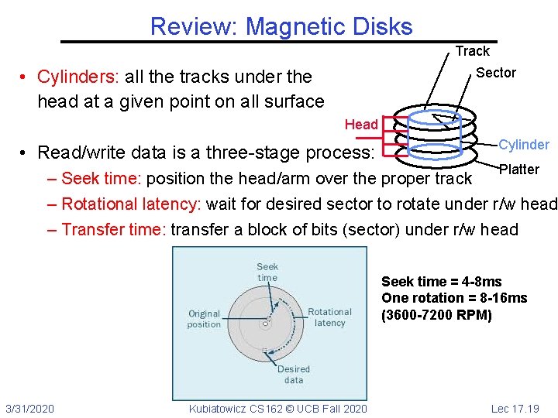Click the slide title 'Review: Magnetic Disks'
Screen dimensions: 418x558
point(281,26)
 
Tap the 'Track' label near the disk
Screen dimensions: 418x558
point(472,51)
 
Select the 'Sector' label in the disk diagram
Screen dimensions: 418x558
point(495,73)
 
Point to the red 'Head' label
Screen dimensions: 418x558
point(361,125)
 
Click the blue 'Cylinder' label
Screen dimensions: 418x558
point(524,145)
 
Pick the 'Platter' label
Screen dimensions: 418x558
point(519,170)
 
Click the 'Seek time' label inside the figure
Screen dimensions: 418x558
point(267,272)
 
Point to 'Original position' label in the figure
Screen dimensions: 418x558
point(204,319)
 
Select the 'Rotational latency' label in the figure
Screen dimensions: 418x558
point(330,317)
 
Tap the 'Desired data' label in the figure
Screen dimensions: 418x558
point(294,375)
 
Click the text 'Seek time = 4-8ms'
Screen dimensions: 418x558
point(442,282)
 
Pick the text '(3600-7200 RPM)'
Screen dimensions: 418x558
point(436,315)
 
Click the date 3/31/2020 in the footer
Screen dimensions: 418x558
point(29,408)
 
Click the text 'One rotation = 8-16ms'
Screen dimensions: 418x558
point(454,298)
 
